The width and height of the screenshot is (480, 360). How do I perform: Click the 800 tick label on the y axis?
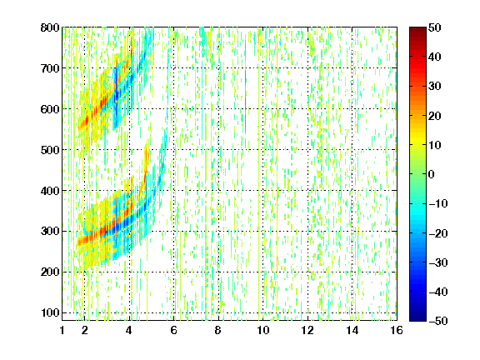click(x=50, y=27)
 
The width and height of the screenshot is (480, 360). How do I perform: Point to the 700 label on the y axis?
click(x=50, y=68)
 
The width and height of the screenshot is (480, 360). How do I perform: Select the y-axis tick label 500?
click(x=50, y=150)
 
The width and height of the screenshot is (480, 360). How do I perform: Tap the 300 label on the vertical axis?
click(x=50, y=231)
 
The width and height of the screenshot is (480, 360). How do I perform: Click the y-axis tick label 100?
click(x=50, y=312)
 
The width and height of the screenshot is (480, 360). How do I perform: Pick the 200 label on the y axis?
click(x=50, y=272)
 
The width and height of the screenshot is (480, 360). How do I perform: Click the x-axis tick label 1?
click(x=62, y=330)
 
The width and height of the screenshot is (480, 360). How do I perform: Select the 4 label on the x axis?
click(x=129, y=330)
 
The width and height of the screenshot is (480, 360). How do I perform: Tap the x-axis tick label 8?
click(x=217, y=330)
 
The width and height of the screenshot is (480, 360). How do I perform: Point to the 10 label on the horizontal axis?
click(x=263, y=330)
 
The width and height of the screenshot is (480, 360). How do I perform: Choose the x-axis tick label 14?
click(x=352, y=330)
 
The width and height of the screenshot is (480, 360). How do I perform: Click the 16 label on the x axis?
click(x=397, y=330)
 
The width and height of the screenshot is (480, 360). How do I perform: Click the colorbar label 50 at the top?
click(x=435, y=27)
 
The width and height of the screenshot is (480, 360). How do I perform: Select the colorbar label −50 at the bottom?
click(x=438, y=321)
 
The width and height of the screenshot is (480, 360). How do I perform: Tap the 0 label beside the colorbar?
click(x=432, y=174)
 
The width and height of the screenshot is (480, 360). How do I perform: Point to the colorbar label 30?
click(x=435, y=87)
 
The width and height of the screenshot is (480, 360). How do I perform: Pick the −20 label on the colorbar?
click(x=438, y=233)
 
